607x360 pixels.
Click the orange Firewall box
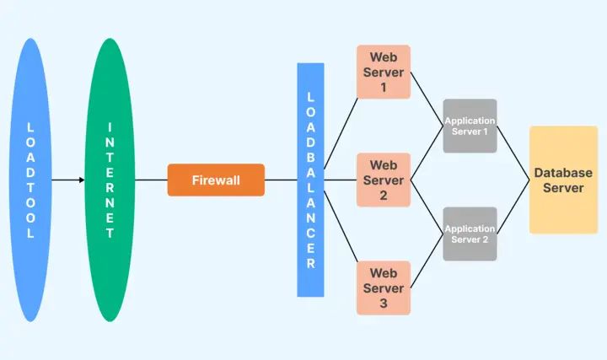tap(216, 180)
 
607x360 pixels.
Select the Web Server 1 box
tap(384, 72)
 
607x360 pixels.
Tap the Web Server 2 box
tap(384, 180)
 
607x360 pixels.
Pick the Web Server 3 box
tap(384, 287)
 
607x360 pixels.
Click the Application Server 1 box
tap(470, 126)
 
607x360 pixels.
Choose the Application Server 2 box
tap(470, 234)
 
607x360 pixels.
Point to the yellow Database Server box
tap(563, 180)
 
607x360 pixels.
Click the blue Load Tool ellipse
tap(30, 180)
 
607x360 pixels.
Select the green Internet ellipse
tap(110, 180)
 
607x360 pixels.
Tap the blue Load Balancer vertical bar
tap(310, 180)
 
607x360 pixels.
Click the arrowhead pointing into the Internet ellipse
tap(81, 180)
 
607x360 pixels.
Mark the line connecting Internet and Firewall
tap(151, 180)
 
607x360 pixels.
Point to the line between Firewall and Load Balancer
tap(281, 180)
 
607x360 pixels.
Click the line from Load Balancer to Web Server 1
tap(341, 126)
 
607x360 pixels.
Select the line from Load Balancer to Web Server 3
tap(341, 234)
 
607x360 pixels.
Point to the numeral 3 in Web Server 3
tap(383, 303)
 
